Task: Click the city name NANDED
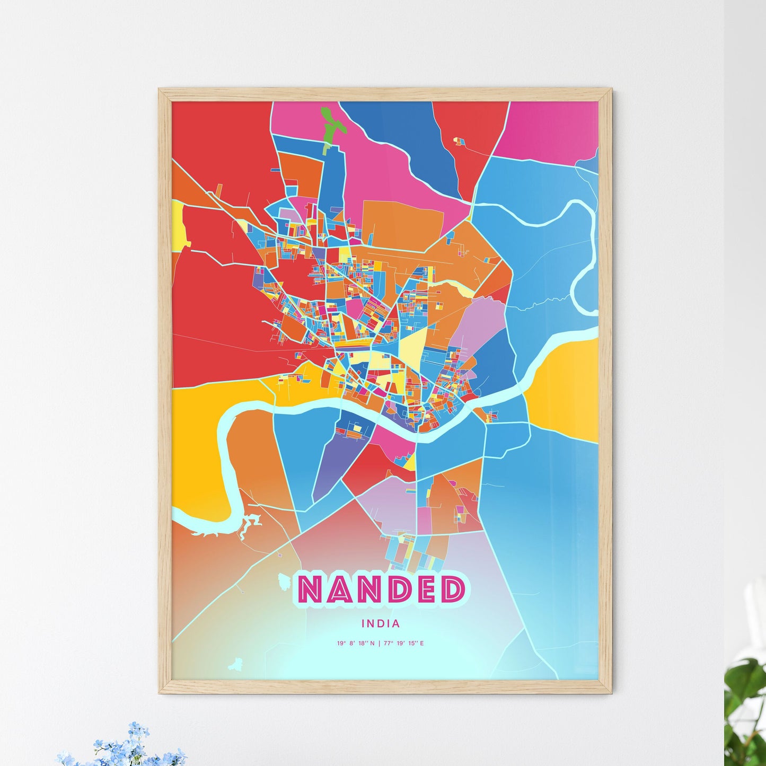382,589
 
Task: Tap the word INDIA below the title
381,624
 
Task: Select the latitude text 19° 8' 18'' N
355,644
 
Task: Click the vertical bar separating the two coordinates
380,644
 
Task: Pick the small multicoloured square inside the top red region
458,141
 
